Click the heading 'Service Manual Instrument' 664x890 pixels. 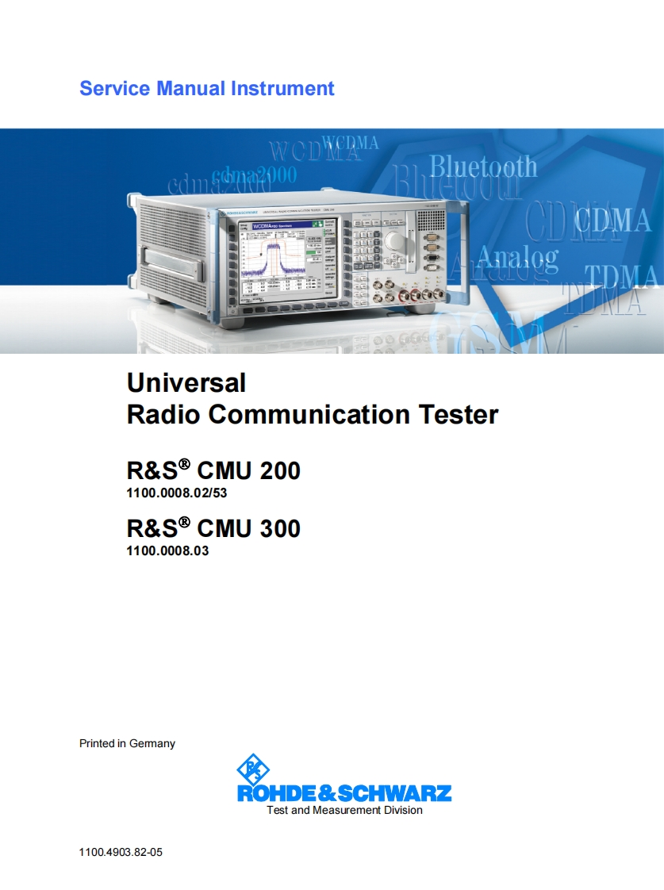tap(206, 88)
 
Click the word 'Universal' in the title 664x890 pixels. tap(186, 383)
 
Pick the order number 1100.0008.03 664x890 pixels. tap(167, 550)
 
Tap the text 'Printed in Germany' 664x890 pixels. tap(127, 743)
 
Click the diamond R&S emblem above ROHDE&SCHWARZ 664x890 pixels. tap(253, 768)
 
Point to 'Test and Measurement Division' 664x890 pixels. tap(344, 810)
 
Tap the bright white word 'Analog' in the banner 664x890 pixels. tap(517, 258)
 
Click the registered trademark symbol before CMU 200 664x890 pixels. tap(184, 464)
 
